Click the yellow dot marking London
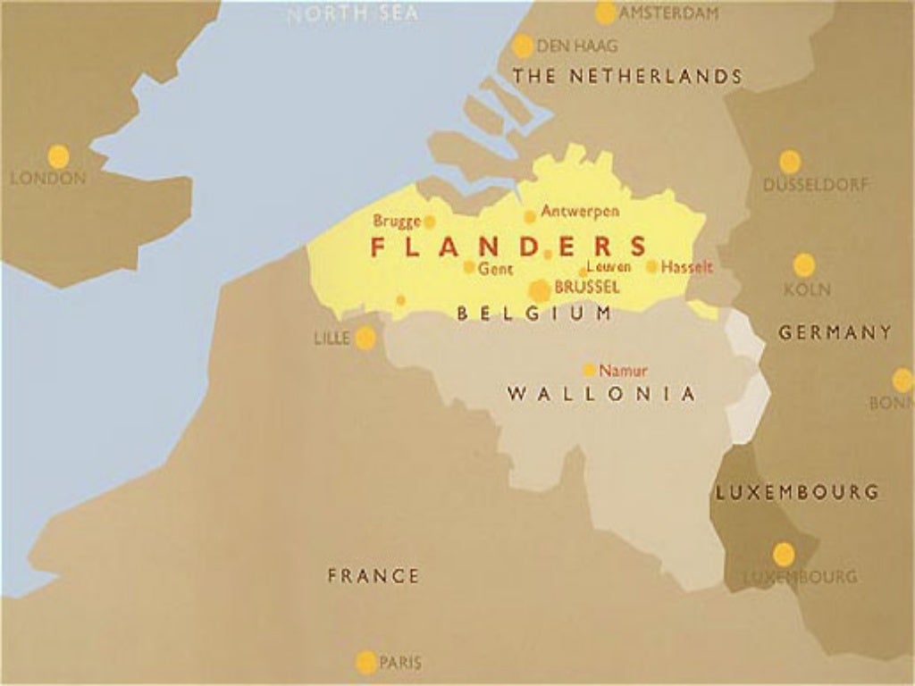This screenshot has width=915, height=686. pos(58,156)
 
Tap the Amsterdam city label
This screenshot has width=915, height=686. pos(668,13)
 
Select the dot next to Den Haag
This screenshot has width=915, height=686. pos(523,46)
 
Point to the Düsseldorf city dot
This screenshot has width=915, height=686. pos(789,162)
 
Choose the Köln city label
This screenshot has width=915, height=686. pos(807,289)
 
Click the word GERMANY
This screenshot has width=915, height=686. pos(835,332)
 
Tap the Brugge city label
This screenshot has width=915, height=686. pos(397,221)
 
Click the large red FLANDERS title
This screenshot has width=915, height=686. pos(509,247)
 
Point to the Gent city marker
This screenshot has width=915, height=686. pos(469,266)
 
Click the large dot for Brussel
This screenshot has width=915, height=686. pos(540,290)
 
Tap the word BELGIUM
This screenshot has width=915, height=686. pos(534,314)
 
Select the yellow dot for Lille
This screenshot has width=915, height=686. pos(365,338)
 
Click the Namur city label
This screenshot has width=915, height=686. pos(623,370)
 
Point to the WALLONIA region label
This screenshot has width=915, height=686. pos(600,394)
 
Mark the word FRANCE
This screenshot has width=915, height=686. pos(373,576)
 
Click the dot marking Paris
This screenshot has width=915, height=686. pos(365,662)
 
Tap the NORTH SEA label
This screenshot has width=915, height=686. pos(352,14)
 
